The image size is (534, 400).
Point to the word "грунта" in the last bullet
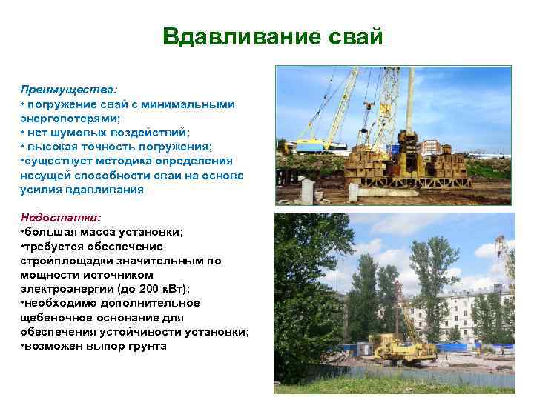tap(148, 346)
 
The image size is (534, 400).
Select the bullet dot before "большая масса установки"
tap(23, 233)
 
